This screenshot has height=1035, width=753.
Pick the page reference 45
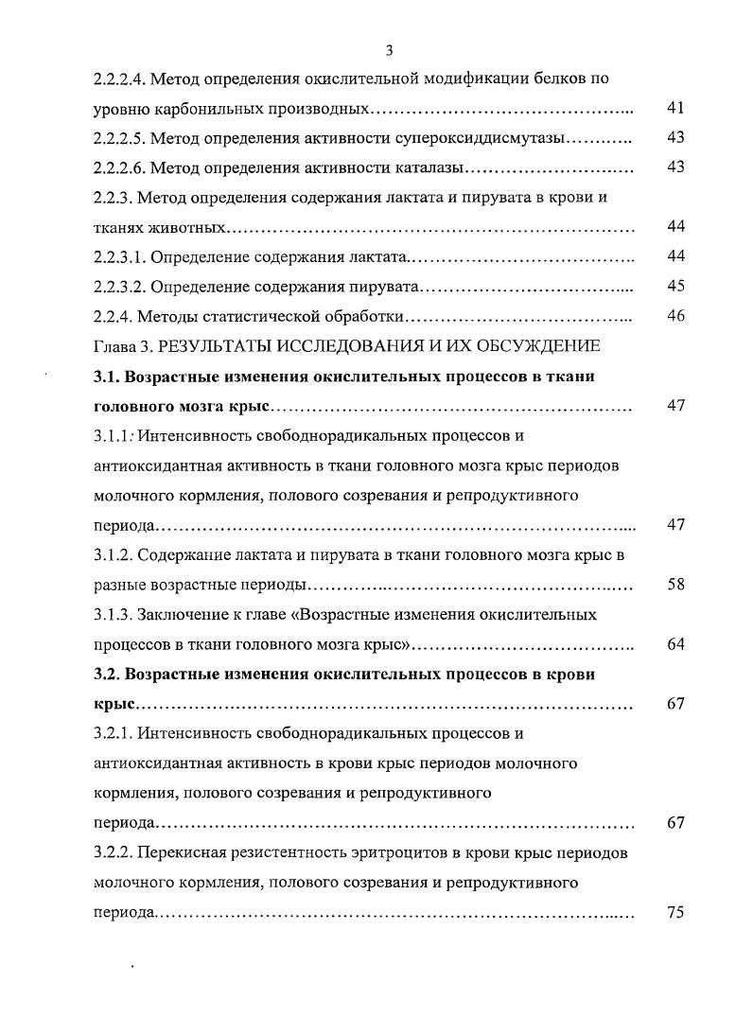675,287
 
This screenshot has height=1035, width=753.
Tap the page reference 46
675,316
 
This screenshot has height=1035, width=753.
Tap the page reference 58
675,585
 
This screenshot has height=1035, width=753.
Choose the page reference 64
675,645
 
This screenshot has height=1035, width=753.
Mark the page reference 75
675,914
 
